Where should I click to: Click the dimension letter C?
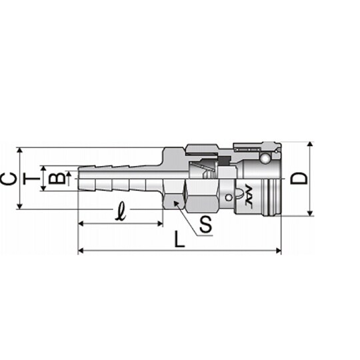click(9, 179)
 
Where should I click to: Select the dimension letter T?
click(31, 179)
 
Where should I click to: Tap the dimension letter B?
click(57, 179)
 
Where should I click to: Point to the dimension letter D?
click(298, 179)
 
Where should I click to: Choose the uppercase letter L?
click(179, 239)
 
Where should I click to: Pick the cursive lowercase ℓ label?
click(121, 211)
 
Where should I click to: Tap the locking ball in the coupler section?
click(265, 158)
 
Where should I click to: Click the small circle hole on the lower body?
click(229, 197)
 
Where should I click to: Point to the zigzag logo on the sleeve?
click(249, 195)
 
